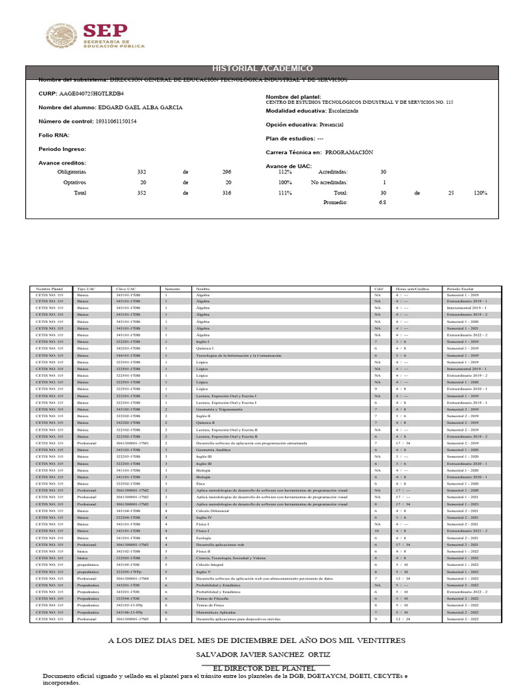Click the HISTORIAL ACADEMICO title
point(262,68)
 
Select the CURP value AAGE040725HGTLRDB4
point(92,93)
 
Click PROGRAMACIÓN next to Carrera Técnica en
point(349,152)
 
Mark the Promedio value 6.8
point(383,203)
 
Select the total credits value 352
point(142,193)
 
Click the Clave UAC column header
point(126,289)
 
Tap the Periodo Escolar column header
point(461,289)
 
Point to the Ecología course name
point(204,537)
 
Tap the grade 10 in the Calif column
point(376,530)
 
